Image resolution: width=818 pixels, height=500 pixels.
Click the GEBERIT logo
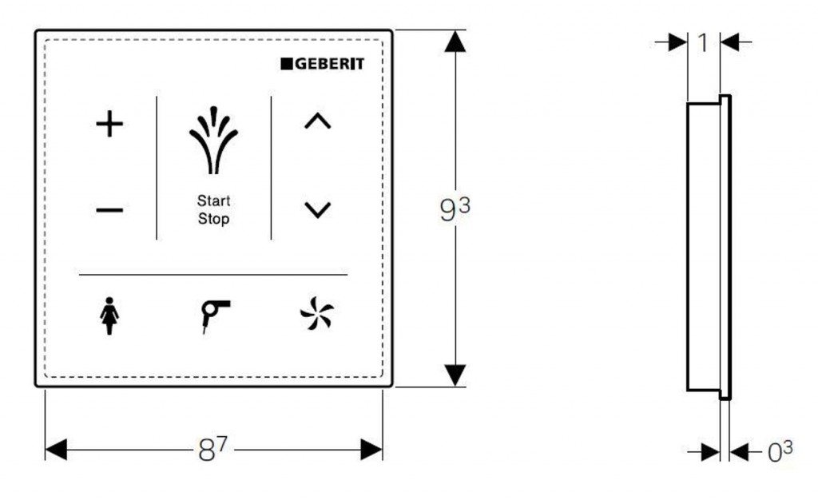click(x=323, y=64)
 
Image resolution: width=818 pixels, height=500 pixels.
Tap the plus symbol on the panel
click(x=109, y=124)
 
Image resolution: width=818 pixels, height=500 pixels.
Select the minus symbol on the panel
click(x=109, y=210)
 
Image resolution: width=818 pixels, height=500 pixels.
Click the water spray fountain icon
click(x=213, y=140)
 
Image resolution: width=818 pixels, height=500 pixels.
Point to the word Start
click(x=213, y=200)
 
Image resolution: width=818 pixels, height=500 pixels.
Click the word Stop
click(x=213, y=219)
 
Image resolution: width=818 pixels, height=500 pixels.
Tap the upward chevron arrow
click(x=318, y=121)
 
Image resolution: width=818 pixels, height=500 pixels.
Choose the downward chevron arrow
click(x=318, y=210)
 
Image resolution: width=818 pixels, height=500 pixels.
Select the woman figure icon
click(x=109, y=316)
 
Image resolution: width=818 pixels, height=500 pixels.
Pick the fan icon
click(x=316, y=313)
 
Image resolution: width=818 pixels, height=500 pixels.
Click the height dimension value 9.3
click(x=455, y=208)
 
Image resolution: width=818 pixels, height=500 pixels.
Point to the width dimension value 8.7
click(x=212, y=449)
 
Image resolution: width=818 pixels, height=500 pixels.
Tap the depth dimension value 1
click(x=703, y=43)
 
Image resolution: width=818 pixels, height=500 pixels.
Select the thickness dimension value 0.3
click(x=780, y=451)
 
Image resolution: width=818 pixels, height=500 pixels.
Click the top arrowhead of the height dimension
click(x=455, y=42)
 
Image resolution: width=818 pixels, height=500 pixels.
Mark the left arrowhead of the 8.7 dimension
click(x=57, y=450)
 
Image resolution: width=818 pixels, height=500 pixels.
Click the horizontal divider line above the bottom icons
click(x=213, y=274)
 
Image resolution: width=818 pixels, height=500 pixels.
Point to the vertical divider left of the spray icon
click(x=157, y=168)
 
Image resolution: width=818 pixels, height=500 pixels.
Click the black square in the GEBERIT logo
click(x=287, y=64)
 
